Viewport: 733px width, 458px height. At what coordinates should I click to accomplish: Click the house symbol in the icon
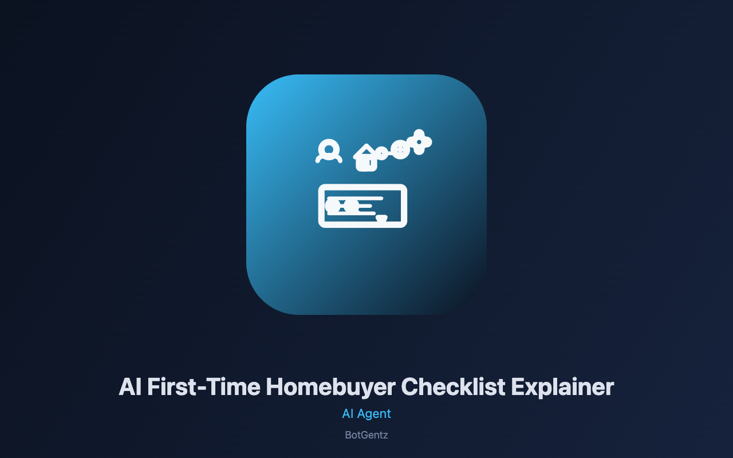point(365,158)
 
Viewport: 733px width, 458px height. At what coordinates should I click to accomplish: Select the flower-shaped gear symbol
point(419,142)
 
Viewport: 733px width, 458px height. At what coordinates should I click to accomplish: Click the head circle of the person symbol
point(329,149)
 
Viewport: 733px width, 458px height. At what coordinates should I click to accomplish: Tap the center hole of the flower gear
point(419,142)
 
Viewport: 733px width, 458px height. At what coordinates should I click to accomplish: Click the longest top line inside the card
point(356,198)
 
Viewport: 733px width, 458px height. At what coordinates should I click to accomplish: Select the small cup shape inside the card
point(381,218)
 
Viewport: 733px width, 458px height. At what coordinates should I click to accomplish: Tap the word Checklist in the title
point(453,387)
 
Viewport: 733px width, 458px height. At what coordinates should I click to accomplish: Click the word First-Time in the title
point(204,387)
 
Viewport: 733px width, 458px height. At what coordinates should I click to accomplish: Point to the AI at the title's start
point(130,387)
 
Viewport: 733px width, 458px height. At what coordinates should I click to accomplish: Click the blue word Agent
point(374,414)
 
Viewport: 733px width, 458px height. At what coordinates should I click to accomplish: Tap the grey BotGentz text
point(366,435)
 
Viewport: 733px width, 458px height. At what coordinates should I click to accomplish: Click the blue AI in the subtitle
point(348,413)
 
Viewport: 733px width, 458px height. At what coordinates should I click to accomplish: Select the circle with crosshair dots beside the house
point(400,149)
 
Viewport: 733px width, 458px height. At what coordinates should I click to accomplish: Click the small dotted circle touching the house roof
point(381,153)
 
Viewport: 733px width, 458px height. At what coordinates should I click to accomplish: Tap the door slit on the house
point(370,163)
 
